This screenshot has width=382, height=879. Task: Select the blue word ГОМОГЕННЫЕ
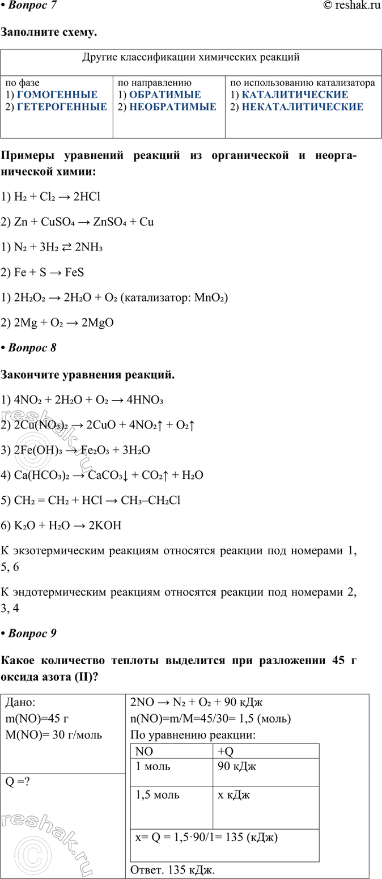point(57,95)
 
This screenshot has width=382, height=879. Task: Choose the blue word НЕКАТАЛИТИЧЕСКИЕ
point(302,107)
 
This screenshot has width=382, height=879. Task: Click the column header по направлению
point(155,83)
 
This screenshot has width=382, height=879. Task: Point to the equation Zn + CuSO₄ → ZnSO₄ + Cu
point(78,222)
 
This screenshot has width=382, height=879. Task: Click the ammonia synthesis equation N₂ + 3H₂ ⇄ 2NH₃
point(54,247)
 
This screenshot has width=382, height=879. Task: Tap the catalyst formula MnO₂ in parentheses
point(210,298)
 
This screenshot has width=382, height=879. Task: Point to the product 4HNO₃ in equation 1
point(145,401)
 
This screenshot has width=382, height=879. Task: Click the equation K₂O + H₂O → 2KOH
point(62,525)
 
